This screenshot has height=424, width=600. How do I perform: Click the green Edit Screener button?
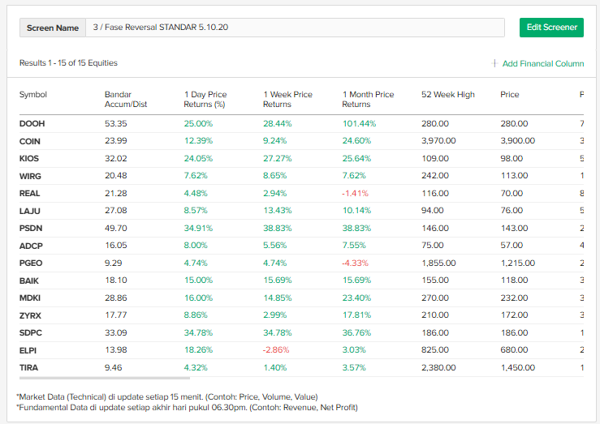[x=551, y=28]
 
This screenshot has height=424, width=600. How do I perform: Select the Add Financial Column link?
[x=537, y=63]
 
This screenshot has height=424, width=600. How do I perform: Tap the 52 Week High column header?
[x=447, y=95]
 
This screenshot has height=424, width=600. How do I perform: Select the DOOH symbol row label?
[x=32, y=123]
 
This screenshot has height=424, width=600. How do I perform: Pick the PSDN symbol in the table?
[x=31, y=229]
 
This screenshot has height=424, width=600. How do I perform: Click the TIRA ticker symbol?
[x=29, y=367]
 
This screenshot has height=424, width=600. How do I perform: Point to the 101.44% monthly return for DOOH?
[x=359, y=123]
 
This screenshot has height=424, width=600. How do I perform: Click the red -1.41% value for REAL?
[x=356, y=193]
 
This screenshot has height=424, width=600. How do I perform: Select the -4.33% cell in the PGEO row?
[x=356, y=263]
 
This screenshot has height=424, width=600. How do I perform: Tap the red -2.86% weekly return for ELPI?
[x=277, y=349]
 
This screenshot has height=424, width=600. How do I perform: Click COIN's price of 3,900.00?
[x=517, y=141]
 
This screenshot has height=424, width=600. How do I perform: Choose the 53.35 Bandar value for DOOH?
[x=116, y=123]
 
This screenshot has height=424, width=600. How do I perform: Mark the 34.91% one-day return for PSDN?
[x=199, y=229]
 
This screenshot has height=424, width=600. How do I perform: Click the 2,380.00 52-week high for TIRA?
[x=438, y=367]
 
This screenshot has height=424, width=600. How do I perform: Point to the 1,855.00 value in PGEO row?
[x=438, y=263]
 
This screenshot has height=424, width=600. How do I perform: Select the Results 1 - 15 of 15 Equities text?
[x=68, y=63]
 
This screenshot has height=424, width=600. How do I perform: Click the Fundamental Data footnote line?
[x=187, y=407]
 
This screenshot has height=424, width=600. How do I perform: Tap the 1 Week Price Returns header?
[x=287, y=99]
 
